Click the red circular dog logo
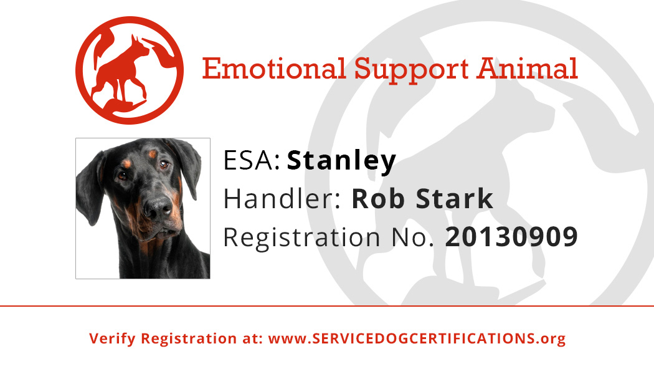coord(130,70)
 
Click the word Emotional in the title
coord(275,69)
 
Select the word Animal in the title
coord(528,69)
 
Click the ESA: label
coord(252,160)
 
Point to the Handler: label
coord(282,199)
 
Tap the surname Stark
coord(455,199)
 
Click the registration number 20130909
coord(511,237)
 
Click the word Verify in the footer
coord(113,338)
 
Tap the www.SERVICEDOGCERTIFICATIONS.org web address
coord(417,338)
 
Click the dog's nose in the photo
coord(158,206)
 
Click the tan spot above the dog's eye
coord(152,154)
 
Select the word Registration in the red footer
coord(189,338)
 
